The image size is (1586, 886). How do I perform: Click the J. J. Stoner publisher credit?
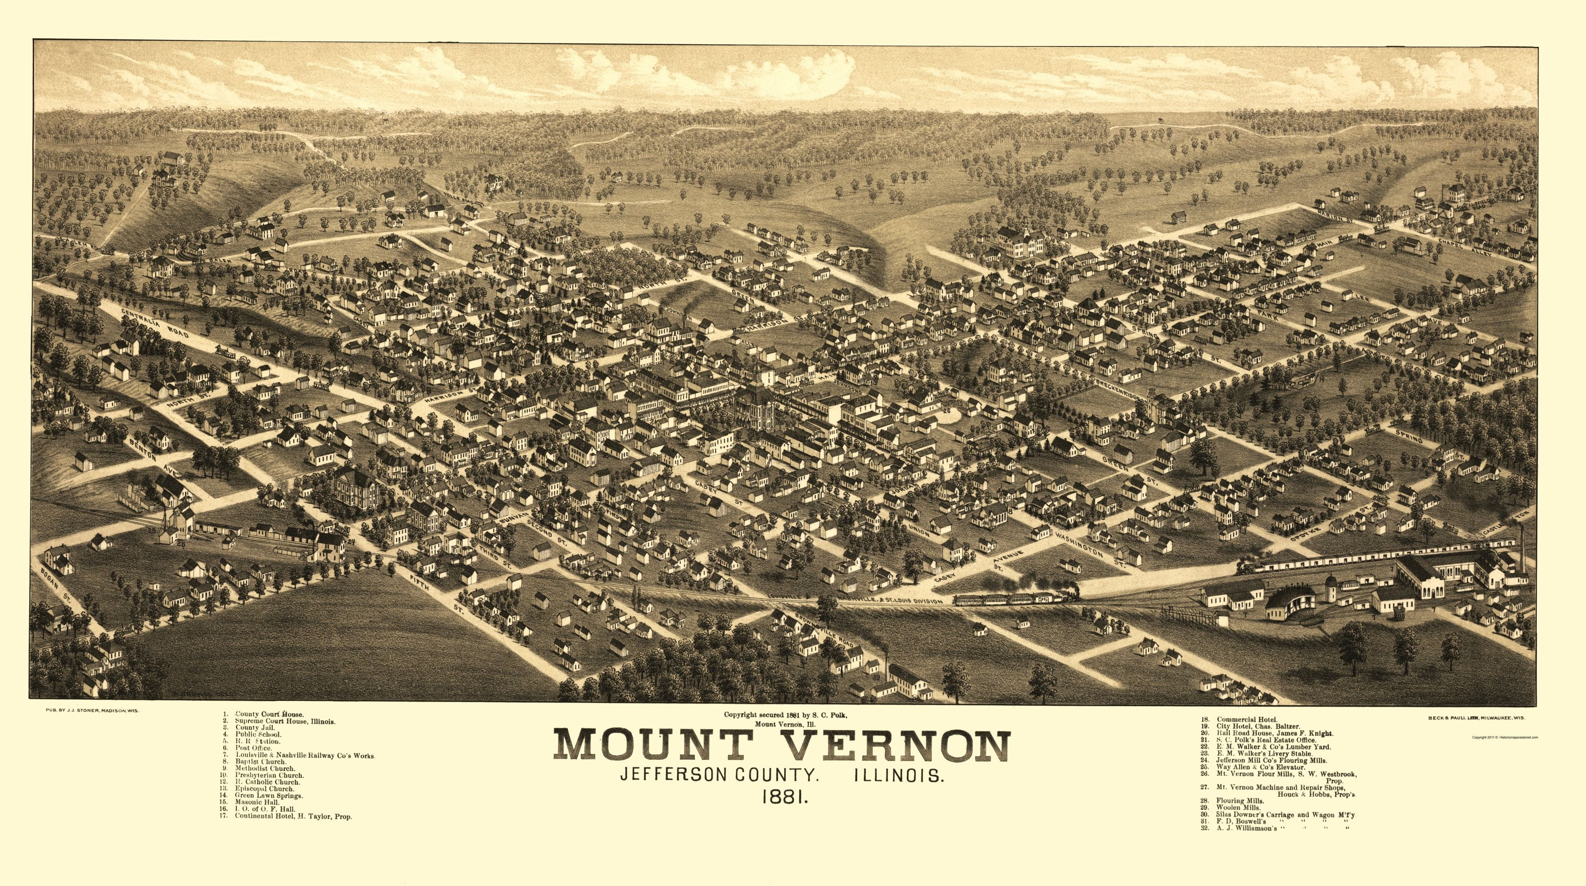pyautogui.click(x=93, y=711)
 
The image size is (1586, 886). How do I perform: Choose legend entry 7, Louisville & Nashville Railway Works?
pyautogui.click(x=304, y=755)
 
